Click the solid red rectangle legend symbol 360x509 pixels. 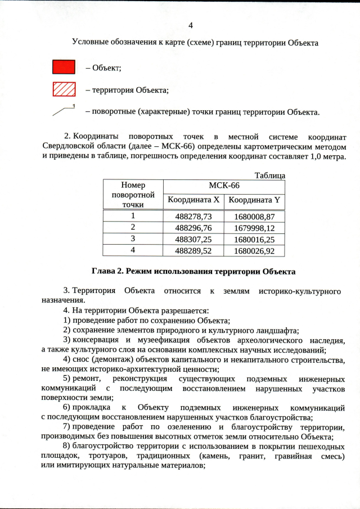(x=64, y=67)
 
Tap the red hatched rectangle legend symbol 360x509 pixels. (x=64, y=89)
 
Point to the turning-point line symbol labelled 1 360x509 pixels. (x=64, y=111)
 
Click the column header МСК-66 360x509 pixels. (x=224, y=186)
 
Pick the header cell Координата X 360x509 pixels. (x=193, y=200)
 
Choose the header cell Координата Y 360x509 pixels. (x=254, y=200)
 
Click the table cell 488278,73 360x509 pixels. (x=193, y=217)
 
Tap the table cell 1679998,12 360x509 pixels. (x=254, y=228)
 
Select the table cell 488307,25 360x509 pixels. (x=193, y=239)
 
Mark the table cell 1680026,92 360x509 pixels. (x=254, y=250)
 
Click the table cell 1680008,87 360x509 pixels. (x=254, y=217)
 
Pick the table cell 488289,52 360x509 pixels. (x=193, y=250)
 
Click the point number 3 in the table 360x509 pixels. (x=133, y=239)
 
